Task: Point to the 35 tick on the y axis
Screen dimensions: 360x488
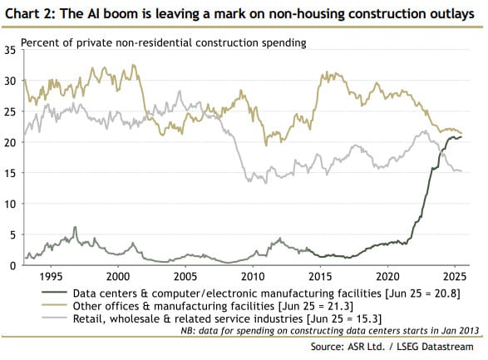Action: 10,50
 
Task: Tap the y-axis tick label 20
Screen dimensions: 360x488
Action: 10,142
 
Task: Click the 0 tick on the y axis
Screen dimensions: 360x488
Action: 13,265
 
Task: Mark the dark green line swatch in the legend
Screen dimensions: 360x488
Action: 55,293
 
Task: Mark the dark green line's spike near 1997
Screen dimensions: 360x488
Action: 76,227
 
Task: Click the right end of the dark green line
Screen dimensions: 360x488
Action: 462,136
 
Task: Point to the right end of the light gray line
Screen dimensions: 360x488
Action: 462,170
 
